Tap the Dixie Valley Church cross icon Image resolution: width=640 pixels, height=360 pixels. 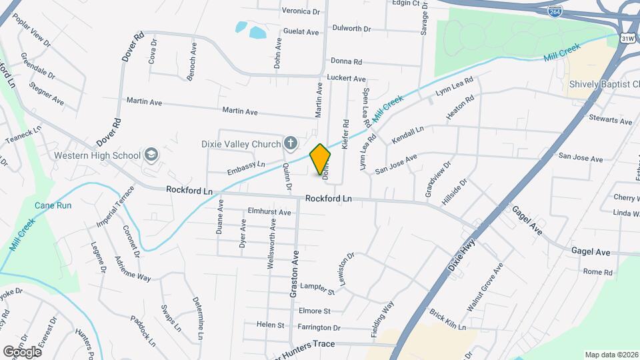click(290, 142)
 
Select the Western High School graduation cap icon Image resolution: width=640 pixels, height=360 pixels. click(151, 155)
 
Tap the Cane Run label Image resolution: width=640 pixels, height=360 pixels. click(53, 205)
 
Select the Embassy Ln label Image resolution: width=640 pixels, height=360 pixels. click(246, 164)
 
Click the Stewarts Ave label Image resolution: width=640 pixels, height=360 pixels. click(610, 121)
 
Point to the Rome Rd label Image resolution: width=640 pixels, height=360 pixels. click(597, 272)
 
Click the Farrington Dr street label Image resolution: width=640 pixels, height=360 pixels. click(319, 328)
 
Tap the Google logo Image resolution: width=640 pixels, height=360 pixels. click(23, 351)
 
